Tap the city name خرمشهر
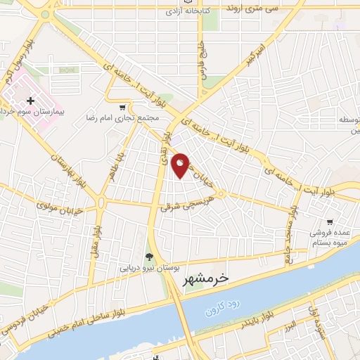tap(205, 279)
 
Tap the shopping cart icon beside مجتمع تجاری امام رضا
tap(124, 108)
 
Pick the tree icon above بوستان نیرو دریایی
tap(148, 257)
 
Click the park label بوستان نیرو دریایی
tap(147, 268)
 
